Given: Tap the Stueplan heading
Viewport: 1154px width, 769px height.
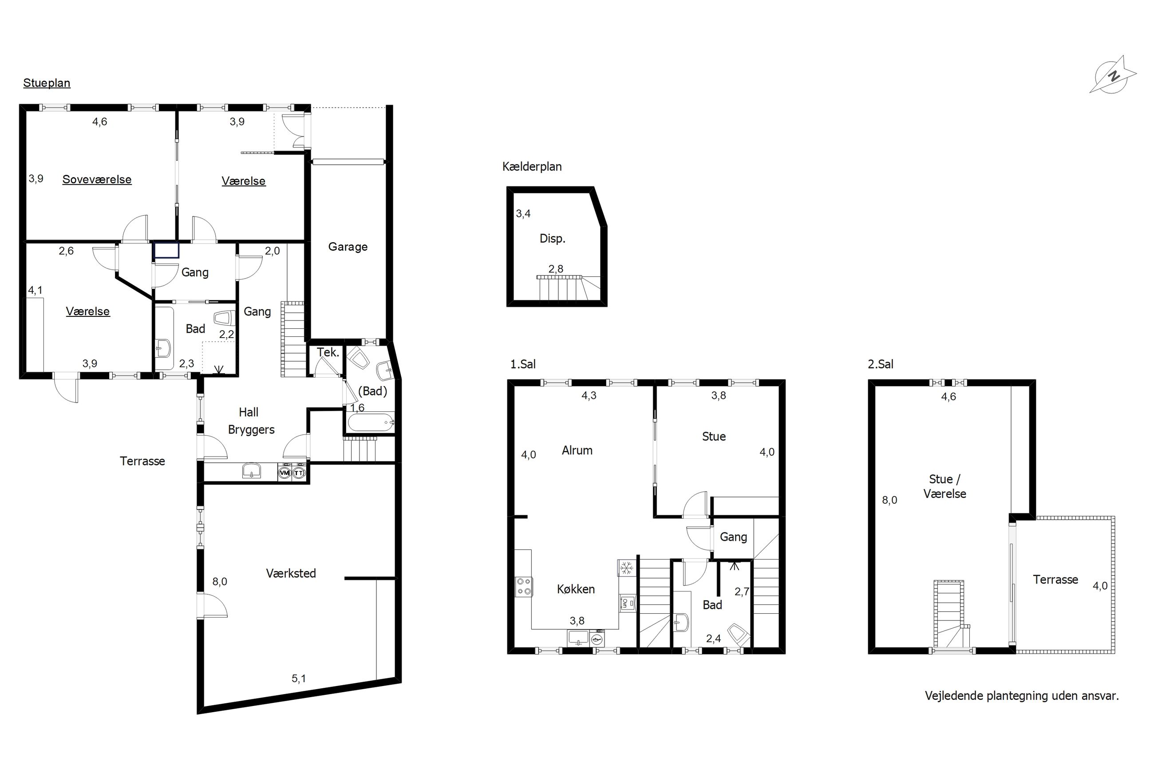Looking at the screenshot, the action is click(x=47, y=83).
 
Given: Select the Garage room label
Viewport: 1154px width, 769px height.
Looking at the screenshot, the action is click(x=348, y=247).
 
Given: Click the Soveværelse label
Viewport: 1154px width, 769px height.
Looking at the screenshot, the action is click(x=97, y=180).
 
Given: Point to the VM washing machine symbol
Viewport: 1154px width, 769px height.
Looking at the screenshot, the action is click(x=285, y=473).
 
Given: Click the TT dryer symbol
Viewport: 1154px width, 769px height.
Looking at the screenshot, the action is click(x=299, y=473).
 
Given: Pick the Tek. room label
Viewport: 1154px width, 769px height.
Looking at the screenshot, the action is click(x=328, y=352).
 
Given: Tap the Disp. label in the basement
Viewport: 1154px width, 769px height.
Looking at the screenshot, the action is click(x=552, y=239).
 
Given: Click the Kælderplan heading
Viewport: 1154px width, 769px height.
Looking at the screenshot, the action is click(x=532, y=167).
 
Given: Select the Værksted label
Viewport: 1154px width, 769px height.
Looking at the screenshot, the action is click(x=291, y=573).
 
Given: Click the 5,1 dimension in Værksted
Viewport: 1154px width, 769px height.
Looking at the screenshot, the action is click(x=299, y=678).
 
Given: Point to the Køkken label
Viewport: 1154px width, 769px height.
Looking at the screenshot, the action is click(x=576, y=589).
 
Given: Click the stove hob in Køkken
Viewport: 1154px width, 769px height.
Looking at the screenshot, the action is click(x=524, y=587).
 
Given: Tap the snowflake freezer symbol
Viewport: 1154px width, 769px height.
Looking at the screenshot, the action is click(x=625, y=568).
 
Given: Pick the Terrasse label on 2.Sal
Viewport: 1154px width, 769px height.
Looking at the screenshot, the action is click(x=1055, y=580).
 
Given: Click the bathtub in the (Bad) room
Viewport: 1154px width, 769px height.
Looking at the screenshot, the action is click(x=370, y=422).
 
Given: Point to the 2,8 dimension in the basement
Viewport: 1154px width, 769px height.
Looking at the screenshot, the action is click(x=556, y=269).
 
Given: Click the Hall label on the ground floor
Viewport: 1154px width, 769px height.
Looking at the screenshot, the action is click(x=248, y=412).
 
